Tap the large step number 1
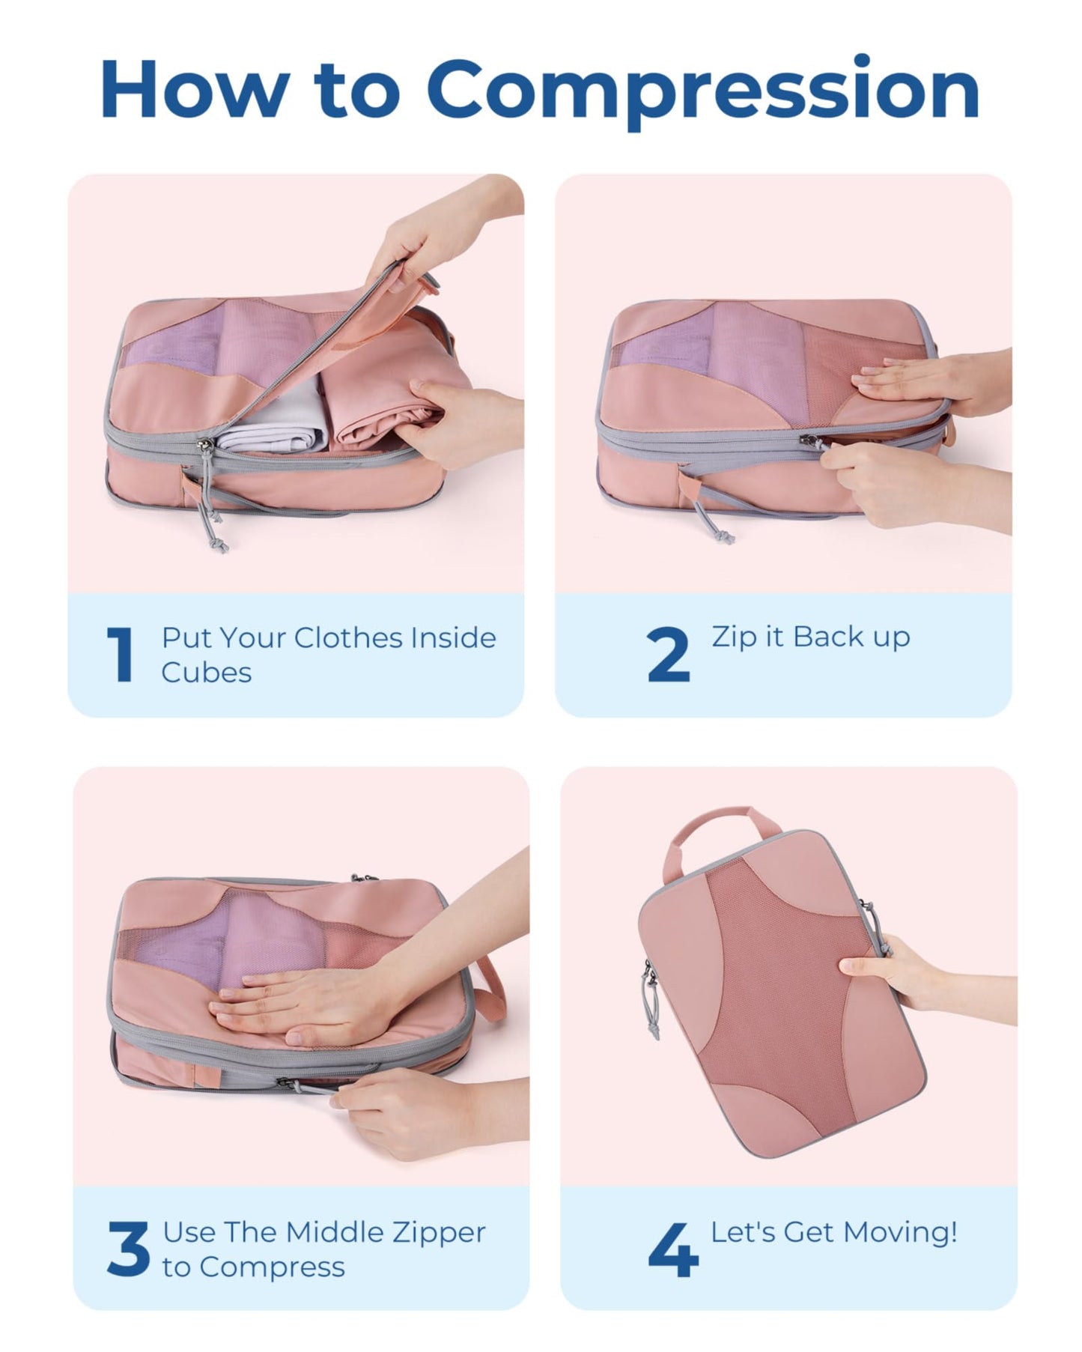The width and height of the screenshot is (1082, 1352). (121, 655)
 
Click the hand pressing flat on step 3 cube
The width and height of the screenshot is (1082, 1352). (300, 1004)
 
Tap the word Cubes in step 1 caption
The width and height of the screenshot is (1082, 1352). (207, 673)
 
